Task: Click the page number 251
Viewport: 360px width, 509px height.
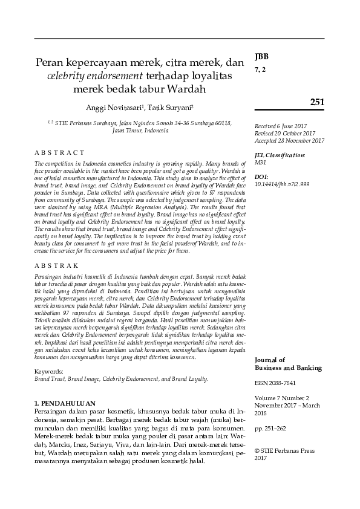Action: (x=317, y=102)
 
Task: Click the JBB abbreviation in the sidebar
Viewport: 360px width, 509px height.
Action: (x=261, y=56)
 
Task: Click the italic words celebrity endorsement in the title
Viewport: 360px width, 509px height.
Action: (x=95, y=76)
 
